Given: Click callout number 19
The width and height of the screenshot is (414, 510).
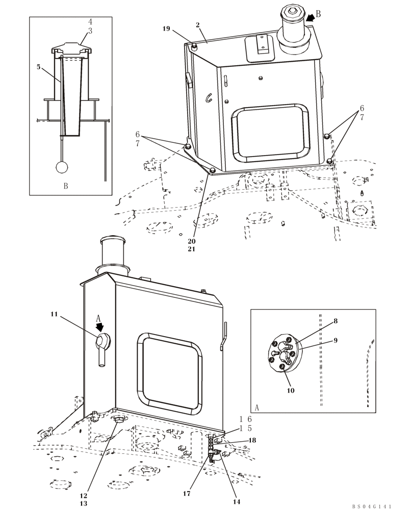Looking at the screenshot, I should (x=166, y=29).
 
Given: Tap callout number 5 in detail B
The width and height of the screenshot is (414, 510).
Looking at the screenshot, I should (x=38, y=66).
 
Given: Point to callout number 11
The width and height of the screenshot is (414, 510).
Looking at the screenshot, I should (x=54, y=315).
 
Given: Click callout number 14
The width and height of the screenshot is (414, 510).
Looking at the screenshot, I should (x=236, y=493).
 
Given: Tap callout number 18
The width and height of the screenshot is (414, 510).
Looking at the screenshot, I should (x=252, y=440).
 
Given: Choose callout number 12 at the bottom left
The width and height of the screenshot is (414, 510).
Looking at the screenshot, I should (x=84, y=495).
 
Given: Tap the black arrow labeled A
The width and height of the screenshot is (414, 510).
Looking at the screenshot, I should (x=100, y=326).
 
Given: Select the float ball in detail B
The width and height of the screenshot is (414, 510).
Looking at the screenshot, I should (x=62, y=167).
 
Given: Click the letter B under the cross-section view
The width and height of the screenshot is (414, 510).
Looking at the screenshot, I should (x=66, y=186).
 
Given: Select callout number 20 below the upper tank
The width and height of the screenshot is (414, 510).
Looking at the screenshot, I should (x=191, y=241).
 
